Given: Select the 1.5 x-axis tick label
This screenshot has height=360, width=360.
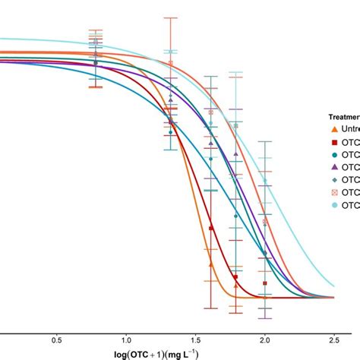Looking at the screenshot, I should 195,319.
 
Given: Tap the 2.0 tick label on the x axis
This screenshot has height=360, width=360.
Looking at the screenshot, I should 264,319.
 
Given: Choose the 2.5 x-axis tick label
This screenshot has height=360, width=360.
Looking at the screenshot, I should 334,319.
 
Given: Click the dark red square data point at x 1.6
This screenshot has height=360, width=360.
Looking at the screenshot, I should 211,228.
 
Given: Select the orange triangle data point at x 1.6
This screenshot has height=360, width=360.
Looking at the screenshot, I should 211,264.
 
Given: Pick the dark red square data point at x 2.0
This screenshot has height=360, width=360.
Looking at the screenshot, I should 264,283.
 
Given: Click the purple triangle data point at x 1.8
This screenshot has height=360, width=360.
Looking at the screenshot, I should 236,154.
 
